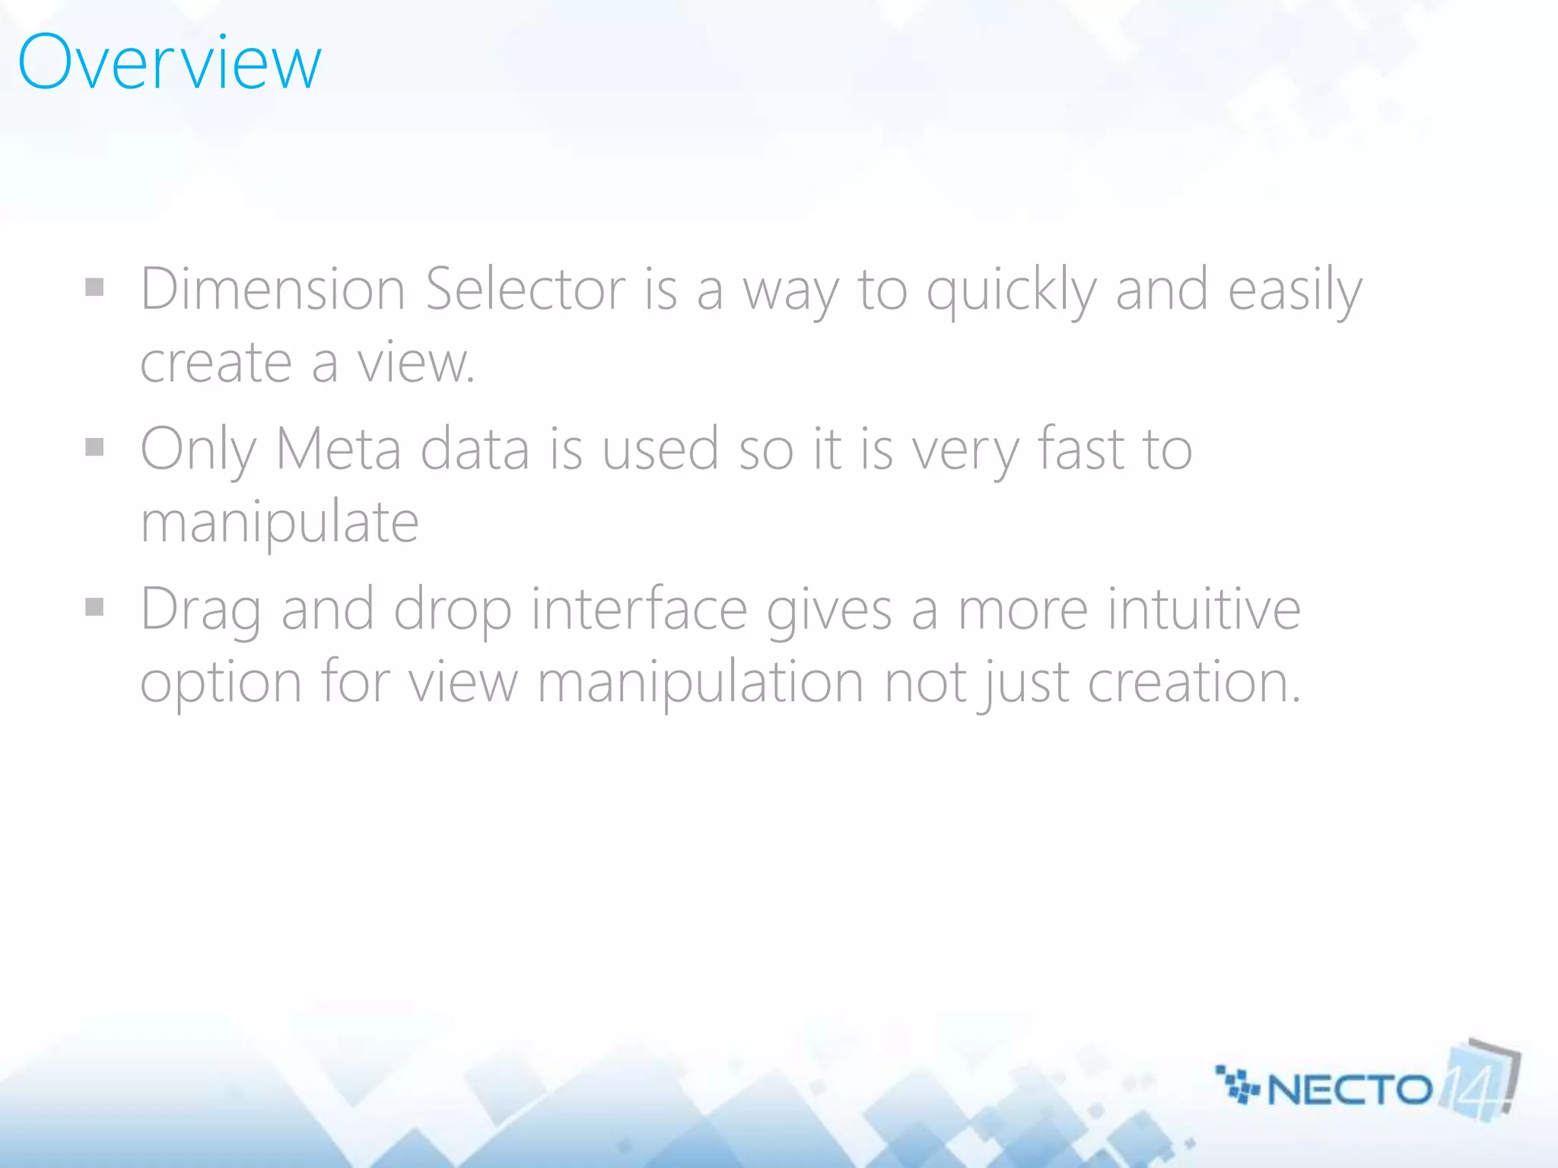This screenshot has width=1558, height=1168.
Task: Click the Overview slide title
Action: [x=170, y=62]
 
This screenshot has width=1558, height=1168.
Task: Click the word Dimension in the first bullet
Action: [x=272, y=290]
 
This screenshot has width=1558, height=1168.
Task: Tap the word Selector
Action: [x=525, y=290]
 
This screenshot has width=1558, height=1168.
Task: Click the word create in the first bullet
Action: [x=216, y=363]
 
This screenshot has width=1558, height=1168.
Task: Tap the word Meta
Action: [x=338, y=449]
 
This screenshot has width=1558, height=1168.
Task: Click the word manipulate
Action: [x=279, y=523]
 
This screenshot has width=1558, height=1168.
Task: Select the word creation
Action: [x=1194, y=682]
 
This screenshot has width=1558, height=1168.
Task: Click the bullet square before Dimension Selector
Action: [x=94, y=287]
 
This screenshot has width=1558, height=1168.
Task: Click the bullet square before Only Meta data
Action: [x=94, y=447]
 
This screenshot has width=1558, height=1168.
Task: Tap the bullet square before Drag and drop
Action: [x=94, y=607]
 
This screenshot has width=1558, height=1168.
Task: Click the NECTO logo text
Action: [x=1349, y=1090]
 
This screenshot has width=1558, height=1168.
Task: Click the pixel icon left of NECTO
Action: [x=1238, y=1084]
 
